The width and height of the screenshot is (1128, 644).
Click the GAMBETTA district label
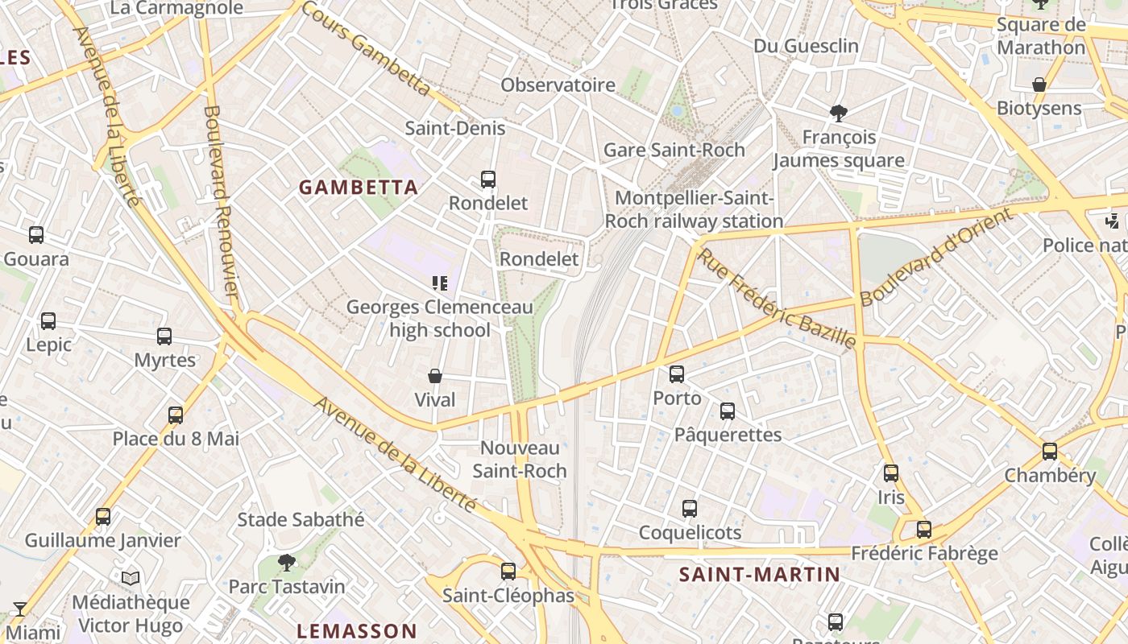[359, 188]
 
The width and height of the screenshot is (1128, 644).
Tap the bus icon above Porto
[677, 374]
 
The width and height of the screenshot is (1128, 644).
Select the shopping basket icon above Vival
[435, 376]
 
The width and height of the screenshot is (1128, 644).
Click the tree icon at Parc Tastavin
[286, 562]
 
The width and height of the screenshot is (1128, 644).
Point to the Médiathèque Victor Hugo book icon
[131, 578]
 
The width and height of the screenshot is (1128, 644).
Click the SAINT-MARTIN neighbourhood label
[759, 575]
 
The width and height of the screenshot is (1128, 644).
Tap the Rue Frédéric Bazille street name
[775, 299]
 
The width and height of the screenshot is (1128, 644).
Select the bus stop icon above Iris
[891, 473]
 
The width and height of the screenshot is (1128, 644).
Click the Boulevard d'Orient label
[935, 258]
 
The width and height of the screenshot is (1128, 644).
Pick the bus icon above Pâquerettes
[728, 411]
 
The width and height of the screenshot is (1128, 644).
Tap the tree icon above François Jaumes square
[839, 113]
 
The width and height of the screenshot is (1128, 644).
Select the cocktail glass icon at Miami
[20, 609]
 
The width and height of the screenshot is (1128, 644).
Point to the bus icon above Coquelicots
[690, 509]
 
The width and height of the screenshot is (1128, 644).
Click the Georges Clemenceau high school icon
[440, 283]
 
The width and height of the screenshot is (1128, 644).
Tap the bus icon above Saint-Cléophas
[508, 572]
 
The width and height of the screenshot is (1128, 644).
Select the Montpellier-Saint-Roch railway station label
[694, 209]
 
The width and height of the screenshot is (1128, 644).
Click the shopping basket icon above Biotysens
[1039, 85]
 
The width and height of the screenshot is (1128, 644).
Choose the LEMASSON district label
[356, 631]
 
